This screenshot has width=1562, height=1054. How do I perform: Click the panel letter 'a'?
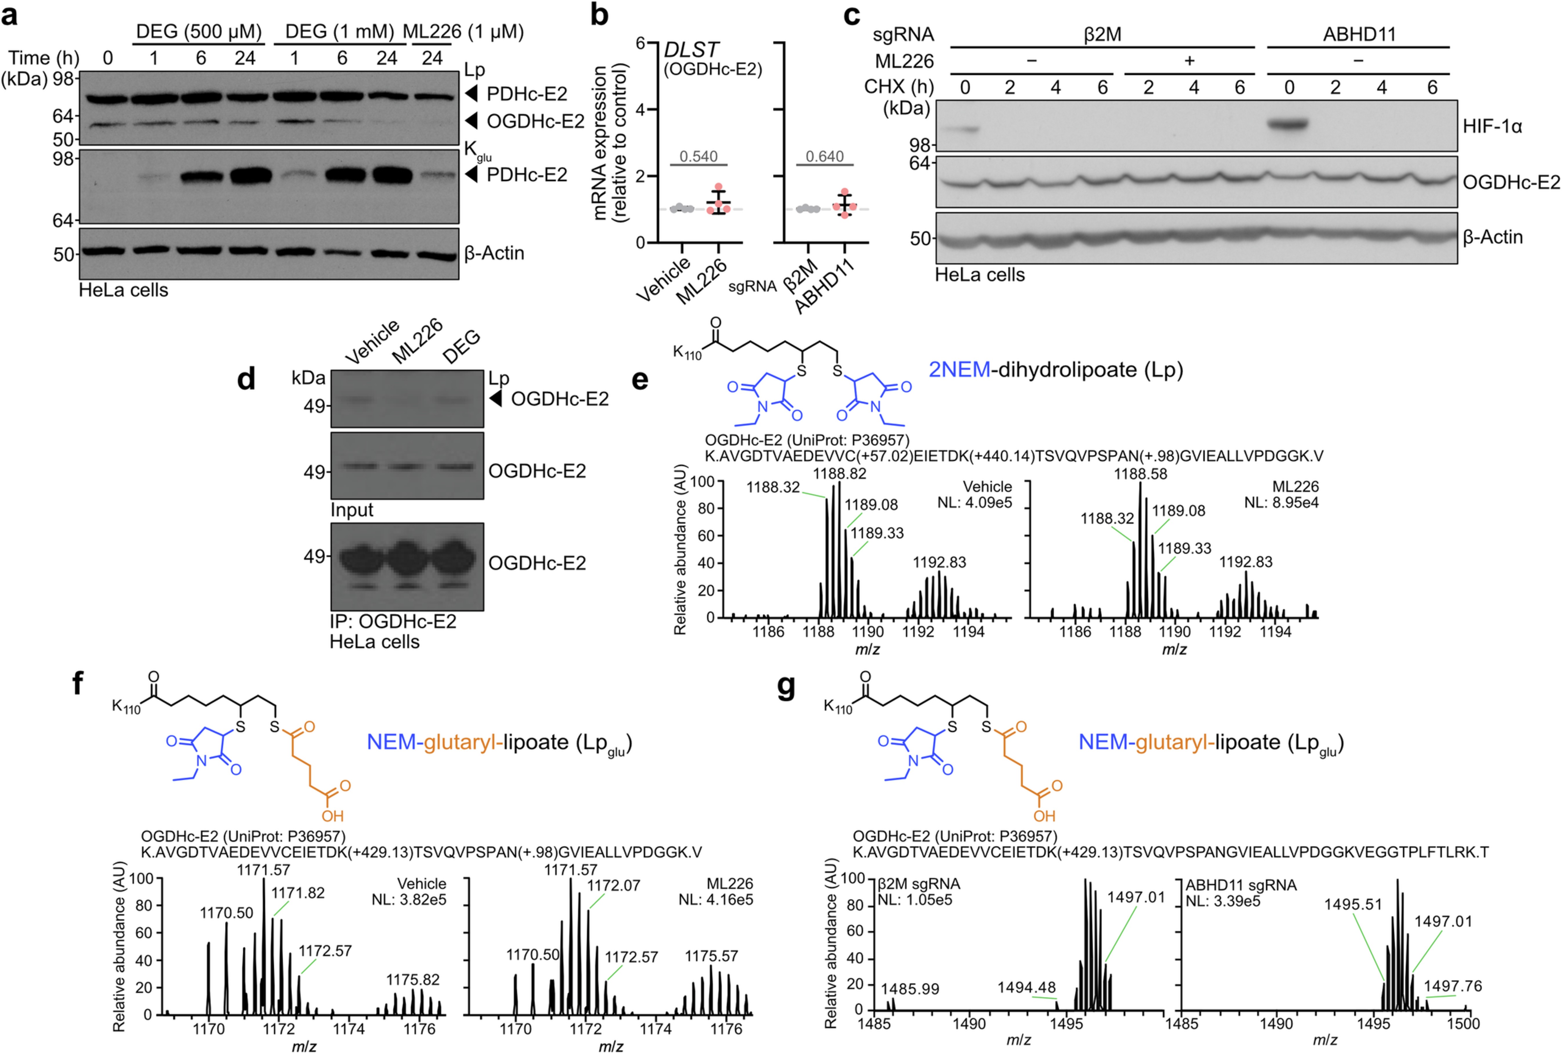pyautogui.click(x=9, y=15)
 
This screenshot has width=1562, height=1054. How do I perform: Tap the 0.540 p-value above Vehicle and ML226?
pyautogui.click(x=698, y=157)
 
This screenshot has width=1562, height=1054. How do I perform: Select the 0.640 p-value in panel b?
pyautogui.click(x=825, y=157)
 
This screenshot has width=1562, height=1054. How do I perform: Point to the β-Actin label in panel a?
pyautogui.click(x=494, y=253)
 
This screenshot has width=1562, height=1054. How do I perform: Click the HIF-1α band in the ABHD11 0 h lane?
pyautogui.click(x=1288, y=124)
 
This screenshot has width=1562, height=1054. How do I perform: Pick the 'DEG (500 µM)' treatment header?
pyautogui.click(x=199, y=32)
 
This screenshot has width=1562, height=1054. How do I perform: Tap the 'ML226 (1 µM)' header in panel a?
pyautogui.click(x=463, y=32)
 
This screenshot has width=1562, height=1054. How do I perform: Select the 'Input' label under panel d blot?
pyautogui.click(x=351, y=510)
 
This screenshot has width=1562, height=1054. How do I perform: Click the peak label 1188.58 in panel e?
pyautogui.click(x=1141, y=474)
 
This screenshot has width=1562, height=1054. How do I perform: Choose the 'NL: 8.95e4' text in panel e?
pyautogui.click(x=1281, y=503)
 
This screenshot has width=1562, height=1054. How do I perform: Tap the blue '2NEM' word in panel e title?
pyautogui.click(x=959, y=370)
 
